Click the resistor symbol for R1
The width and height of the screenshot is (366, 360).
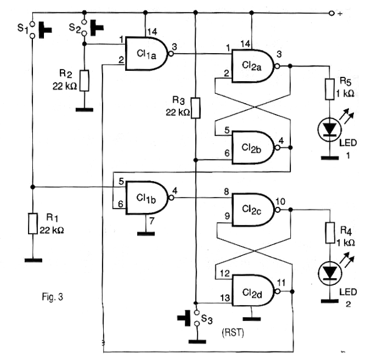click(33, 223)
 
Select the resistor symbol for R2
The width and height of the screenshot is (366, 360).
click(85, 81)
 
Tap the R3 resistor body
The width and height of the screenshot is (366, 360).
click(196, 108)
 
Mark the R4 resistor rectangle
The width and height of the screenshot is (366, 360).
click(330, 232)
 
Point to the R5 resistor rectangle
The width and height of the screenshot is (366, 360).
click(329, 90)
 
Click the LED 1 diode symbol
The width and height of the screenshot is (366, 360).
click(329, 129)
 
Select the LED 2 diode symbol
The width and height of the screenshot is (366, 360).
click(330, 273)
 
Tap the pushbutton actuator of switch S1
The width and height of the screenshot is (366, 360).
click(45, 30)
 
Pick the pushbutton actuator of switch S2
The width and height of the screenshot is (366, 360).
click(97, 28)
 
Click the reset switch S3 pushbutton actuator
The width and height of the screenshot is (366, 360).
click(184, 318)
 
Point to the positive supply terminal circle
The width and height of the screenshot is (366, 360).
click(331, 13)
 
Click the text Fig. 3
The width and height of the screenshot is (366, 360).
click(52, 297)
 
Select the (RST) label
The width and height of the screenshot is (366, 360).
click(233, 332)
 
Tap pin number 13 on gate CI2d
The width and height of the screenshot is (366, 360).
click(225, 298)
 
